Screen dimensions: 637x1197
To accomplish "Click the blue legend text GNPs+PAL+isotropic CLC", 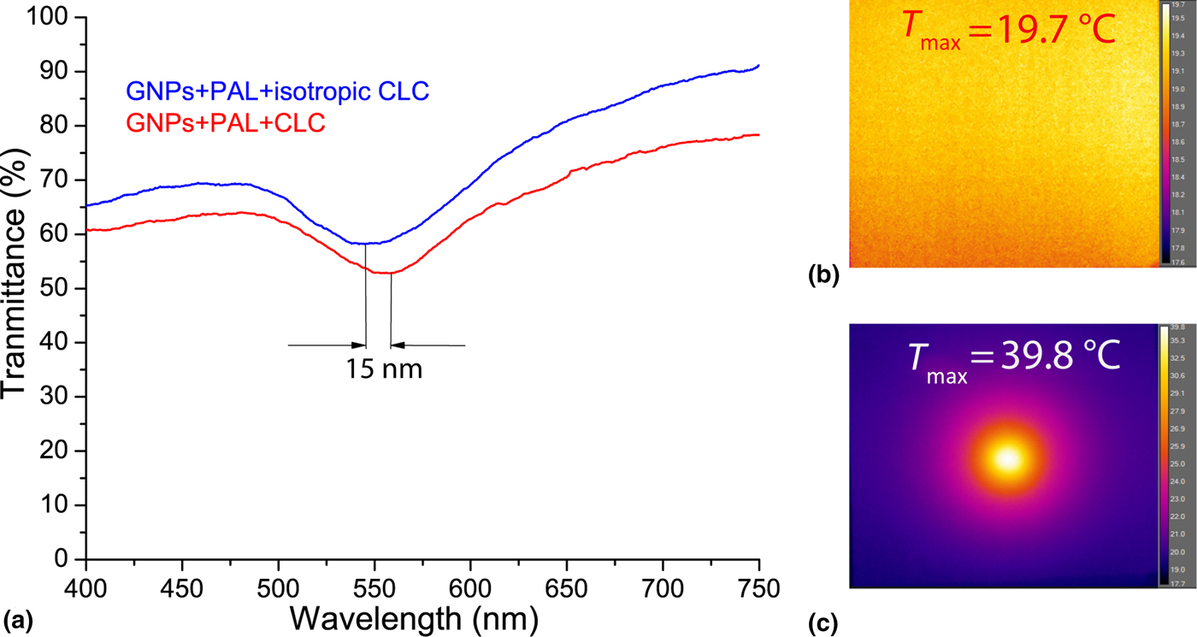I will coord(267,91).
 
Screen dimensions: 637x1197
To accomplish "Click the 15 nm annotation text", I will coord(384,370).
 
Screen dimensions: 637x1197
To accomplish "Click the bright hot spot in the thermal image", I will coord(1008,459).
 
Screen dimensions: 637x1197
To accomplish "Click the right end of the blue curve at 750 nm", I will coord(758,65).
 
